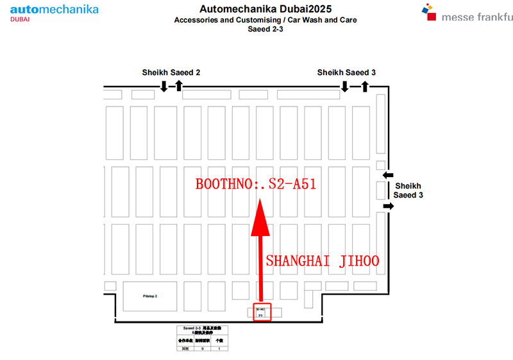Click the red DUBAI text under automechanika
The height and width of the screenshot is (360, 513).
[20, 20]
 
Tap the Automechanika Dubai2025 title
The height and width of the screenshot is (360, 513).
[265, 9]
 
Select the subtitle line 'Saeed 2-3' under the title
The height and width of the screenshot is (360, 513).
[265, 29]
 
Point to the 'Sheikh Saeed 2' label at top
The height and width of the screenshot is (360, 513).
[171, 73]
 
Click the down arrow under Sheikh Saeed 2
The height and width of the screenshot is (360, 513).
[164, 86]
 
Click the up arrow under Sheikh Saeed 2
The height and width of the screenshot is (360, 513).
[179, 86]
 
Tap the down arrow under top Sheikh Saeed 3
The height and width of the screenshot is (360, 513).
[345, 86]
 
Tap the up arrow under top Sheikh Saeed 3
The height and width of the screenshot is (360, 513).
[365, 86]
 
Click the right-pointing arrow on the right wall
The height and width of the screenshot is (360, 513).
[389, 205]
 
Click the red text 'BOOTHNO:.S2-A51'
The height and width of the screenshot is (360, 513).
[256, 184]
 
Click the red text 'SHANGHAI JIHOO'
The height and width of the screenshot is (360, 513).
[323, 261]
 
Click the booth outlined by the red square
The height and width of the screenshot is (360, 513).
[262, 312]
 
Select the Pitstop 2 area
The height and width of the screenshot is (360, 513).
[150, 296]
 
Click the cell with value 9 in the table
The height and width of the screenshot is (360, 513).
[203, 348]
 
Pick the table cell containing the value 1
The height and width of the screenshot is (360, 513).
[219, 348]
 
